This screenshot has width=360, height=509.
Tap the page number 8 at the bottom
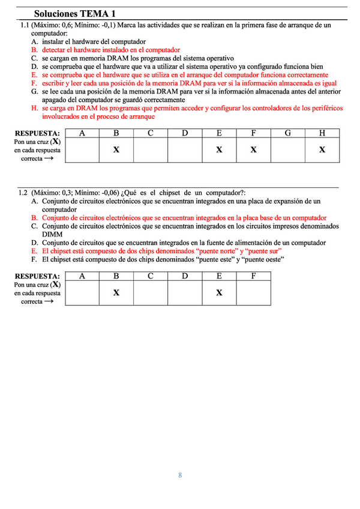(x=180, y=475)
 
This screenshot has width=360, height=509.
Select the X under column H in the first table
(x=322, y=149)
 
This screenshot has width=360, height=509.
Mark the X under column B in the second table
(x=116, y=292)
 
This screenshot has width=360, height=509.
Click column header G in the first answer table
(x=288, y=133)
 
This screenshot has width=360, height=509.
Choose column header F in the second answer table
(x=253, y=276)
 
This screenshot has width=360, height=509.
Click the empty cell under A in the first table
(x=82, y=149)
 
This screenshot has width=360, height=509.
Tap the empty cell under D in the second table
(x=185, y=292)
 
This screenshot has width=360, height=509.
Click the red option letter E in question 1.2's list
(x=35, y=251)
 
